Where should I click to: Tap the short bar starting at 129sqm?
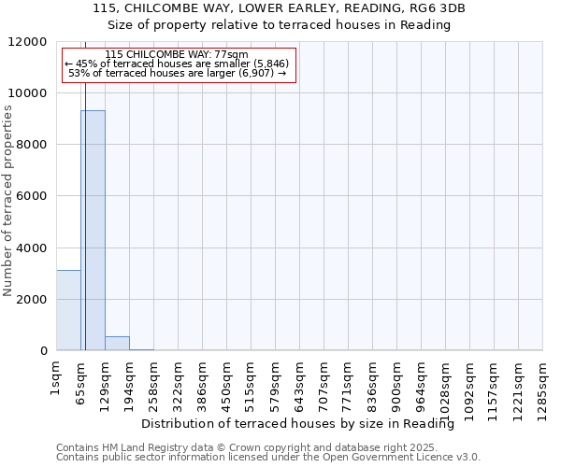pyautogui.click(x=117, y=343)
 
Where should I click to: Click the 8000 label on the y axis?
pyautogui.click(x=34, y=145)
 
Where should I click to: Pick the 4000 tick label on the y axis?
pyautogui.click(x=34, y=248)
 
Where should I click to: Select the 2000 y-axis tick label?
pyautogui.click(x=34, y=300)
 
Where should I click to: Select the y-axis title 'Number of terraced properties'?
pyautogui.click(x=8, y=201)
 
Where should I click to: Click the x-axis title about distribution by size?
pyautogui.click(x=304, y=424)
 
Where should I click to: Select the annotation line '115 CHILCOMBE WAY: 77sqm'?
pyautogui.click(x=178, y=55)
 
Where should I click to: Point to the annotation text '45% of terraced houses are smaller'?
pyautogui.click(x=178, y=64)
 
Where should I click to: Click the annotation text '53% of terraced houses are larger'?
pyautogui.click(x=178, y=73)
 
